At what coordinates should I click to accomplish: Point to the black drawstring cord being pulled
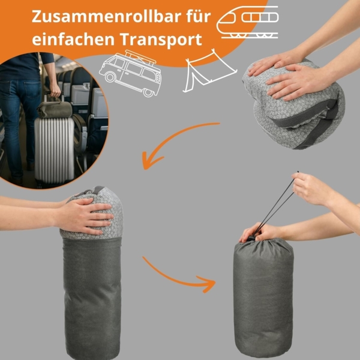tap(277, 204)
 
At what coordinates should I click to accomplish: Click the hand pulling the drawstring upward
tap(312, 189)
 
